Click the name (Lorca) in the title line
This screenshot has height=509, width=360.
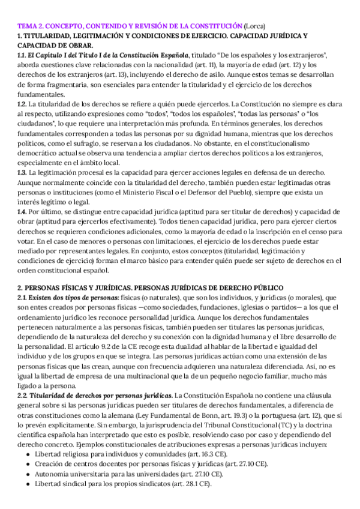pyautogui.click(x=257, y=26)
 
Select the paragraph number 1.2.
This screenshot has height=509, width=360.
pyautogui.click(x=23, y=104)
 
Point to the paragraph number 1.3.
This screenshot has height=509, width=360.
pyautogui.click(x=23, y=172)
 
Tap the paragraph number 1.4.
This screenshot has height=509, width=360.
pyautogui.click(x=23, y=211)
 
